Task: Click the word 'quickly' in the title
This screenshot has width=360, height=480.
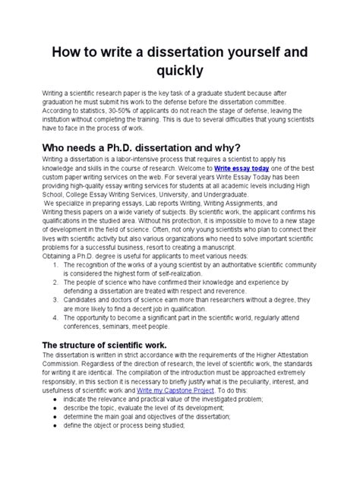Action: [x=179, y=71]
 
